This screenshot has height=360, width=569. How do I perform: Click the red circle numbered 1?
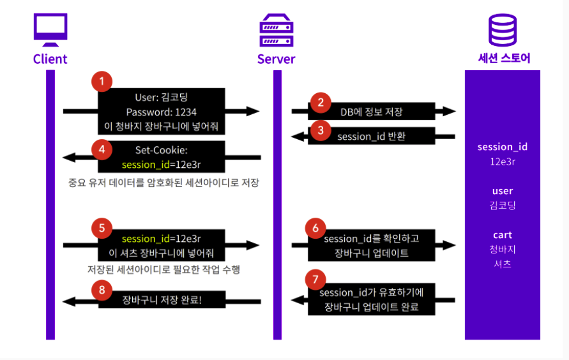(x=102, y=81)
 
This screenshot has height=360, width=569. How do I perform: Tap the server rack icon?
(x=277, y=31)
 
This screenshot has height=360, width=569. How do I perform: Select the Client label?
(x=50, y=59)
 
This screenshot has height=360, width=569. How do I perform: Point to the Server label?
(x=277, y=59)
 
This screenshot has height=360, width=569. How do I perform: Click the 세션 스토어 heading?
(x=504, y=59)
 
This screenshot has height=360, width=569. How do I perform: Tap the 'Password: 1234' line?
(x=161, y=112)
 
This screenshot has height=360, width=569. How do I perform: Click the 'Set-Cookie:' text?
(x=161, y=150)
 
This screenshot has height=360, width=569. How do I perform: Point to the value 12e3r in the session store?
(x=503, y=161)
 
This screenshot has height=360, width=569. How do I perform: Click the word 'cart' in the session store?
(x=503, y=235)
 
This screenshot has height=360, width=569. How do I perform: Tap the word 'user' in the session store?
(x=503, y=191)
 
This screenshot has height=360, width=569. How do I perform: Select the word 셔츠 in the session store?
(x=503, y=264)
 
